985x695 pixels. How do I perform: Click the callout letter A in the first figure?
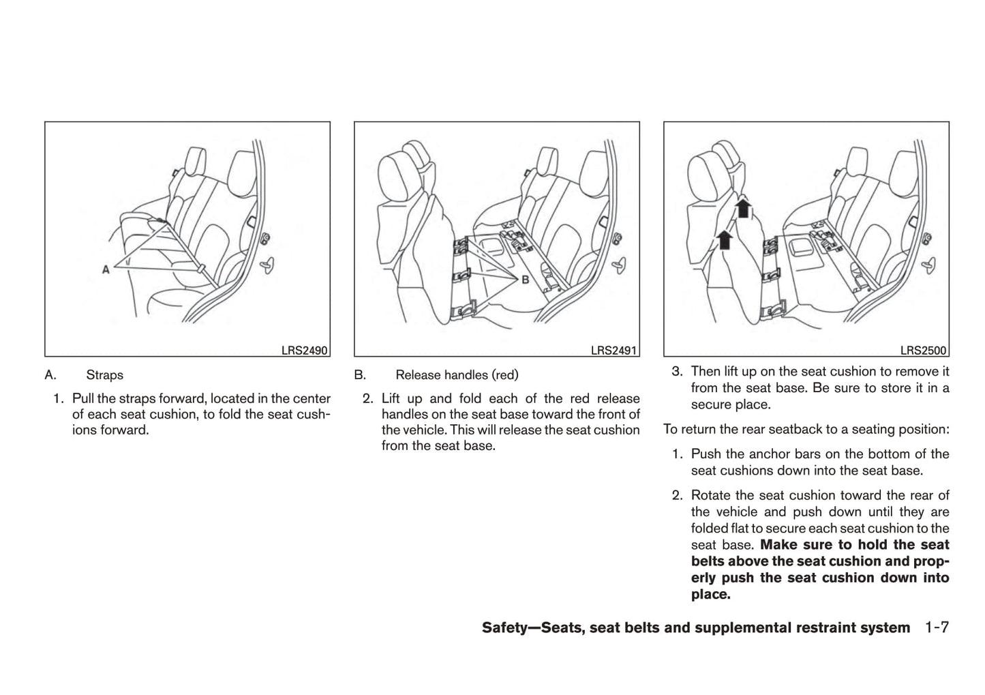click(106, 270)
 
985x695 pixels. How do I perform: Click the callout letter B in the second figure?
click(525, 279)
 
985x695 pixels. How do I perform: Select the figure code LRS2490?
click(304, 351)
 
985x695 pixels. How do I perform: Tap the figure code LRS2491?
click(613, 351)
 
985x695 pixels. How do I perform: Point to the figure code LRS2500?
click(923, 351)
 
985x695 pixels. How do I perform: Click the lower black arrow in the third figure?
click(725, 238)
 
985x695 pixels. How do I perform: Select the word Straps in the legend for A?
click(104, 375)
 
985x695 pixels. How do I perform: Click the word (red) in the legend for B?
click(505, 375)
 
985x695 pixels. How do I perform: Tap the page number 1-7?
click(937, 627)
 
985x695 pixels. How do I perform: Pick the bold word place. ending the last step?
click(710, 594)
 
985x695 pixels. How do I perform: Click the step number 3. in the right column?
click(677, 372)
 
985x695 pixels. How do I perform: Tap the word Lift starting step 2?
click(391, 398)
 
